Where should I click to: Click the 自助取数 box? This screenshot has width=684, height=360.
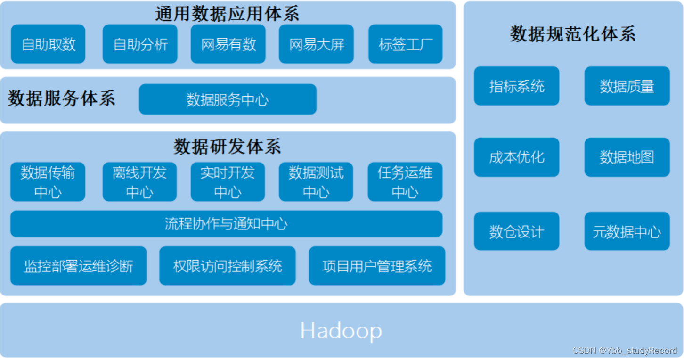tap(48, 44)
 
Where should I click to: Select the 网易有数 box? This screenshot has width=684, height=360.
tap(228, 44)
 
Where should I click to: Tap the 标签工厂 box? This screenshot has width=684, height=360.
tap(406, 44)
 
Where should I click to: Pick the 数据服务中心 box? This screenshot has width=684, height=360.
tap(228, 99)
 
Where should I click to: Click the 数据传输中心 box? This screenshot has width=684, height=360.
tap(48, 182)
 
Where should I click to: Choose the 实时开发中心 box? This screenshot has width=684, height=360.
tap(228, 182)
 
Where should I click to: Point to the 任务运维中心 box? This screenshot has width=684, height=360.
tap(405, 182)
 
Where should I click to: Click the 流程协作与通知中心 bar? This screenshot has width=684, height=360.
tap(226, 224)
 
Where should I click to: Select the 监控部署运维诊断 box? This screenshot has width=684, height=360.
tap(79, 266)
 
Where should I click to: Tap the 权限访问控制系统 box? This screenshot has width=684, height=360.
tap(228, 266)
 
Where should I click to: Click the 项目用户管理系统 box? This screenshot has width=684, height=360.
tap(377, 266)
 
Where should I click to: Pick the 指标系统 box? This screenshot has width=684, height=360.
tap(517, 86)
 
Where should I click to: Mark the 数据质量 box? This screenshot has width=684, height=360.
tap(627, 86)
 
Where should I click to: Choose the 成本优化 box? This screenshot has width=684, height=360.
tap(517, 157)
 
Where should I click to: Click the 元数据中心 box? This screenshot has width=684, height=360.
tap(627, 231)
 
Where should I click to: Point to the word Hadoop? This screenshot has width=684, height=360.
tap(341, 331)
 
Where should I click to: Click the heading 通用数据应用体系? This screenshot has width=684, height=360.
tap(227, 14)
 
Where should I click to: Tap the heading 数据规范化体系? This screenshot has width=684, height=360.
tap(573, 34)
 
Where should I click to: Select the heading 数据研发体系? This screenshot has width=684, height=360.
tap(227, 147)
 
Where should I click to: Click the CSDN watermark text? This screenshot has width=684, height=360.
tap(625, 351)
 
